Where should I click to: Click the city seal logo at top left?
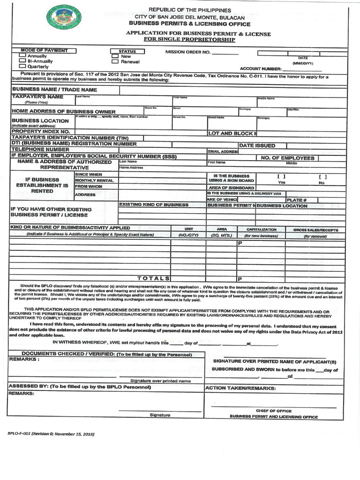pyautogui.click(x=64, y=17)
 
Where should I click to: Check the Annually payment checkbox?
pyautogui.click(x=22, y=56)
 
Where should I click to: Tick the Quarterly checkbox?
pyautogui.click(x=22, y=66)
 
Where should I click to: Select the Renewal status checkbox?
pyautogui.click(x=115, y=61)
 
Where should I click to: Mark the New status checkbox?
pyautogui.click(x=115, y=56)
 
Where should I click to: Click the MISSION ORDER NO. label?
pyautogui.click(x=187, y=52)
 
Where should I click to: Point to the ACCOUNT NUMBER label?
pyautogui.click(x=260, y=68)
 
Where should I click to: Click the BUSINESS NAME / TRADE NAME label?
pyautogui.click(x=54, y=89)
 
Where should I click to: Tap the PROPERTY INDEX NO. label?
pyautogui.click(x=40, y=132)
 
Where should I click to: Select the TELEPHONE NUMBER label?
pyautogui.click(x=40, y=149)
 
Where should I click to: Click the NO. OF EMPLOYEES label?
pyautogui.click(x=288, y=158)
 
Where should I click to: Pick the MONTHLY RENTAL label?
pyautogui.click(x=94, y=180)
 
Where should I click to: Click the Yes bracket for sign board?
pyautogui.click(x=281, y=177)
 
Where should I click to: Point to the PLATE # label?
pyautogui.click(x=296, y=200)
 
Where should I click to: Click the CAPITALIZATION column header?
pyautogui.click(x=262, y=230)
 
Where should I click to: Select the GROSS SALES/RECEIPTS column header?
pyautogui.click(x=315, y=230)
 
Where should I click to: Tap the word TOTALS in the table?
pyautogui.click(x=153, y=278)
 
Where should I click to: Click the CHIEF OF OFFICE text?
pyautogui.click(x=273, y=411)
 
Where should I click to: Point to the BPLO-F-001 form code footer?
pyautogui.click(x=51, y=434)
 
